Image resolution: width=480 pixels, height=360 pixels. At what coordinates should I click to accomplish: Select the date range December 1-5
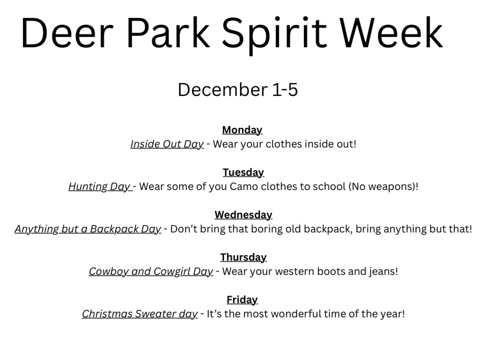tap(237, 90)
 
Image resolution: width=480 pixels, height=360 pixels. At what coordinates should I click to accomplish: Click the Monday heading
tap(242, 130)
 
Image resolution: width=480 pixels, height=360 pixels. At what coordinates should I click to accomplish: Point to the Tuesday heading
tap(243, 172)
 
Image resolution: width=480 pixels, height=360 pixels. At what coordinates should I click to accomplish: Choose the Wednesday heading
tap(243, 215)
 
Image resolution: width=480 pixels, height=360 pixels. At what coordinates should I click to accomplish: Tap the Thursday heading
tap(243, 257)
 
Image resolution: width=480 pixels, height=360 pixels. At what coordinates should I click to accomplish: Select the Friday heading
tap(242, 299)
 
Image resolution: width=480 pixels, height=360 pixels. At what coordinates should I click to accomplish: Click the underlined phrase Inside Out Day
tap(167, 144)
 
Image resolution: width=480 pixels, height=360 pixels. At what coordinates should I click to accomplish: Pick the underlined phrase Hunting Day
tap(100, 187)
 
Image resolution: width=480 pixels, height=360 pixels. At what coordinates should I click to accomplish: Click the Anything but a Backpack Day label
tap(88, 229)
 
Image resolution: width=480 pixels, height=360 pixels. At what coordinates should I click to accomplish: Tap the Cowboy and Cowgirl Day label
tap(151, 271)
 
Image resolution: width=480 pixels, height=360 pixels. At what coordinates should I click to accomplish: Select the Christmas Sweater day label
tap(140, 314)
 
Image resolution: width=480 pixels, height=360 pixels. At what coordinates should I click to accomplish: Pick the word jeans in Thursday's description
tap(383, 272)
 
